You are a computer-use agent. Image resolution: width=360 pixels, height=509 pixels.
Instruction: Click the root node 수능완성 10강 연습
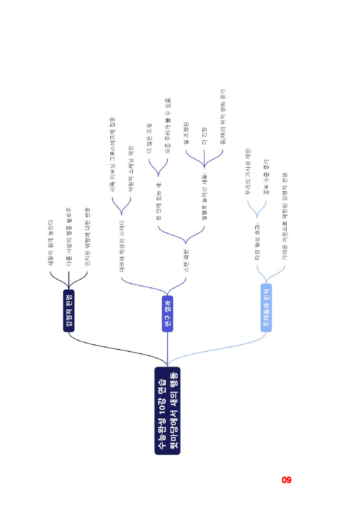(167, 411)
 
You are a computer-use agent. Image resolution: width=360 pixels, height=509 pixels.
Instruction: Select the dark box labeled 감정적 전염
(69, 311)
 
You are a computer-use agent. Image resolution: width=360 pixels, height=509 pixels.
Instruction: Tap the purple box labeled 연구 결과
(168, 314)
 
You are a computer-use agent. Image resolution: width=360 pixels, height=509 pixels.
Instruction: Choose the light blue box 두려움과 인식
(266, 308)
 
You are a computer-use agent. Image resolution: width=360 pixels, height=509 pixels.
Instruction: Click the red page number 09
(287, 480)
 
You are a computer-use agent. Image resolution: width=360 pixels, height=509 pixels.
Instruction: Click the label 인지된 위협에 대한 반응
(87, 237)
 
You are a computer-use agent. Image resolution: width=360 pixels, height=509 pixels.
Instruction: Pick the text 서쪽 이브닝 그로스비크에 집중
(112, 155)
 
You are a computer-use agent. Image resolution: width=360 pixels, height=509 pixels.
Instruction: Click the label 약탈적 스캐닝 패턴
(131, 169)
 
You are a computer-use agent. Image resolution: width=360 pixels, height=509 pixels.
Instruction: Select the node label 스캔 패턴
(186, 260)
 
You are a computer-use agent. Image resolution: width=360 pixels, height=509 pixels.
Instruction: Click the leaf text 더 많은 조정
(149, 138)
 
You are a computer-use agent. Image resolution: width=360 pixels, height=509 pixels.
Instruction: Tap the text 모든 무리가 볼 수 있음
(168, 126)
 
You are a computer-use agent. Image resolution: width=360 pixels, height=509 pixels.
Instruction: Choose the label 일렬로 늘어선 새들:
(204, 196)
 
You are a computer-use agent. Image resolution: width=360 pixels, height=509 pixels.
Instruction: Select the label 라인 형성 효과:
(257, 241)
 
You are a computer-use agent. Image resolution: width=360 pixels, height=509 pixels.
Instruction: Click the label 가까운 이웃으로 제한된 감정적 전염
(285, 216)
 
